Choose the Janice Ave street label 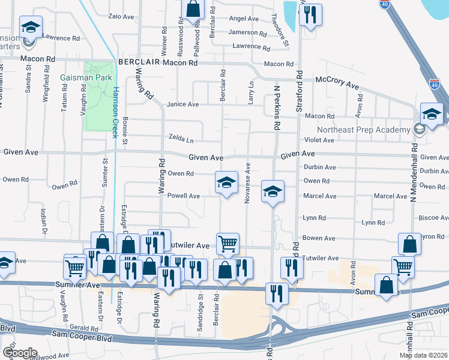tap(182, 104)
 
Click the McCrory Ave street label tap(338, 83)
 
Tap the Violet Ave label tap(319, 140)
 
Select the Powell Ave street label tap(183, 196)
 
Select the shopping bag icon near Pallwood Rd tap(193, 10)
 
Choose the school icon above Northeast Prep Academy tap(432, 113)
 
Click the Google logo tap(20, 352)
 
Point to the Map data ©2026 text tap(423, 355)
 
